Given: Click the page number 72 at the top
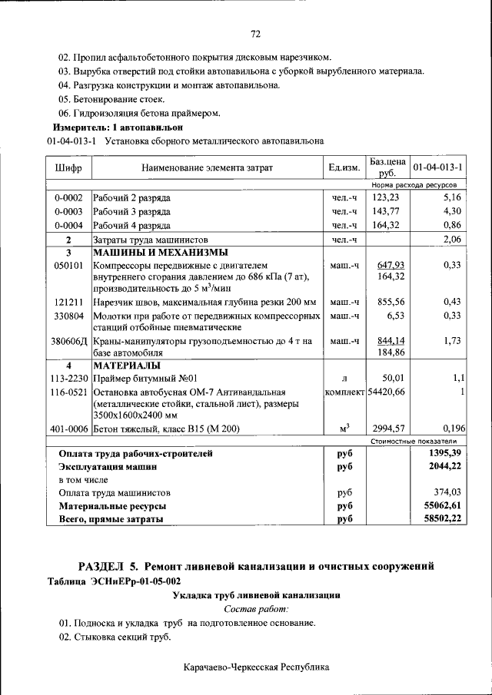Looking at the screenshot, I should click(257, 33).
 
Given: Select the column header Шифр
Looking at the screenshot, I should click(68, 167).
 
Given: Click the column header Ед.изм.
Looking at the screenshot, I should click(344, 167).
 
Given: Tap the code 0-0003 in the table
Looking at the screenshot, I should click(68, 211).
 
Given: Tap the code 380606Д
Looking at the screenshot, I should click(68, 341).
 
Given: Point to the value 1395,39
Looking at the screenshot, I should click(444, 453).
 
